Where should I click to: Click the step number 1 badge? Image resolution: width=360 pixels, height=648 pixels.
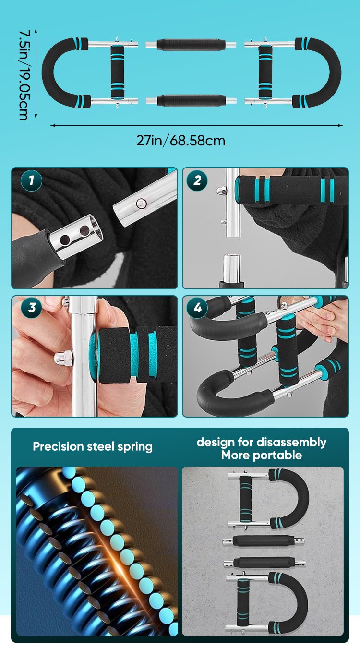32,181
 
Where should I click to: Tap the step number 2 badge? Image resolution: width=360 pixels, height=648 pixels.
197,181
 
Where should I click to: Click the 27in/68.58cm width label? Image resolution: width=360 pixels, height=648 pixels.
180,141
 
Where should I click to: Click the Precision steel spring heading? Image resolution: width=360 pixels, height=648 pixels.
93,446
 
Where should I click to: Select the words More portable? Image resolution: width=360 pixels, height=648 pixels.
261,455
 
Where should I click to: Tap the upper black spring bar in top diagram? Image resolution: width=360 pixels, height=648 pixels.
191,45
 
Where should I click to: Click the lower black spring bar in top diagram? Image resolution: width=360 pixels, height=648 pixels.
191,101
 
